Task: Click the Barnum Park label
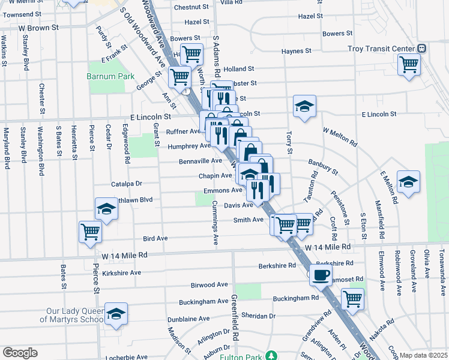[x=105, y=77]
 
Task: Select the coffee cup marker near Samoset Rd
[x=320, y=275]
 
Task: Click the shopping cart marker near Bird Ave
[x=91, y=232]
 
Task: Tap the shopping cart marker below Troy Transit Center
[x=409, y=64]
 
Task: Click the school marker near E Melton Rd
[x=408, y=182]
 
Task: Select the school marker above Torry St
[x=304, y=106]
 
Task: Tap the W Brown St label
[x=38, y=28]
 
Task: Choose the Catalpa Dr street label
[x=126, y=184]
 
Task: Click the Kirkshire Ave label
[x=121, y=272]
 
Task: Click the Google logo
[x=20, y=353]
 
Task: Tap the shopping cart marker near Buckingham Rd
[x=352, y=298]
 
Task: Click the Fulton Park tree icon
[x=272, y=356]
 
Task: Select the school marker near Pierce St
[x=106, y=209]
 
